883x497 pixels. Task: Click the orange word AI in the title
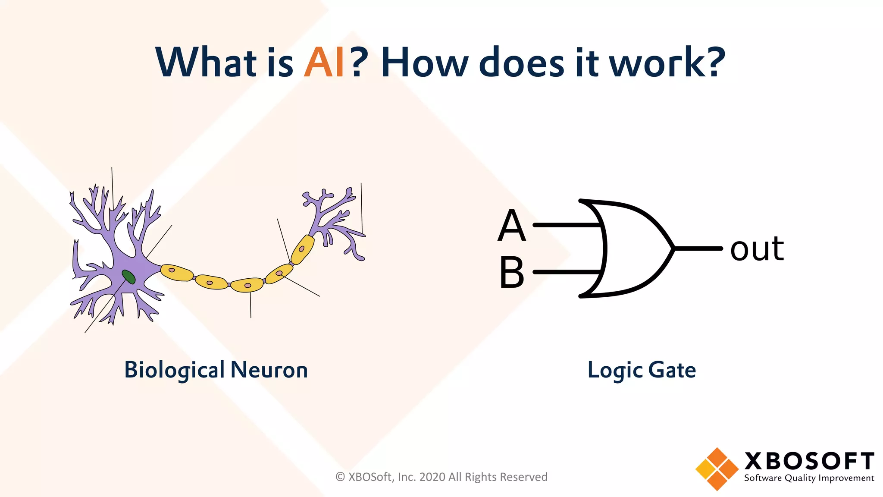[x=324, y=63]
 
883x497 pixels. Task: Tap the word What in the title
[x=207, y=63]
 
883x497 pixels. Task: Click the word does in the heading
[x=521, y=63]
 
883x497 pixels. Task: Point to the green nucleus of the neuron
[x=128, y=277]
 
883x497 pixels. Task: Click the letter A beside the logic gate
[x=512, y=226]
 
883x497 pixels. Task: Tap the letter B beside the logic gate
[x=512, y=273]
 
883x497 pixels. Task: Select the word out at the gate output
[x=757, y=249]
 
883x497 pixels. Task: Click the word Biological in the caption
[x=175, y=370]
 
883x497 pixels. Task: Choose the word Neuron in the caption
[x=269, y=370]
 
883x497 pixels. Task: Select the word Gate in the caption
[x=672, y=370]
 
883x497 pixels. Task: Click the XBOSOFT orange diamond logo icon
[x=717, y=469]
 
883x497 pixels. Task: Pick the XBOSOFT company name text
[x=809, y=461]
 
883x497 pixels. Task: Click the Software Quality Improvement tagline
[x=809, y=478]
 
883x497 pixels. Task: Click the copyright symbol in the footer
[x=340, y=477]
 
